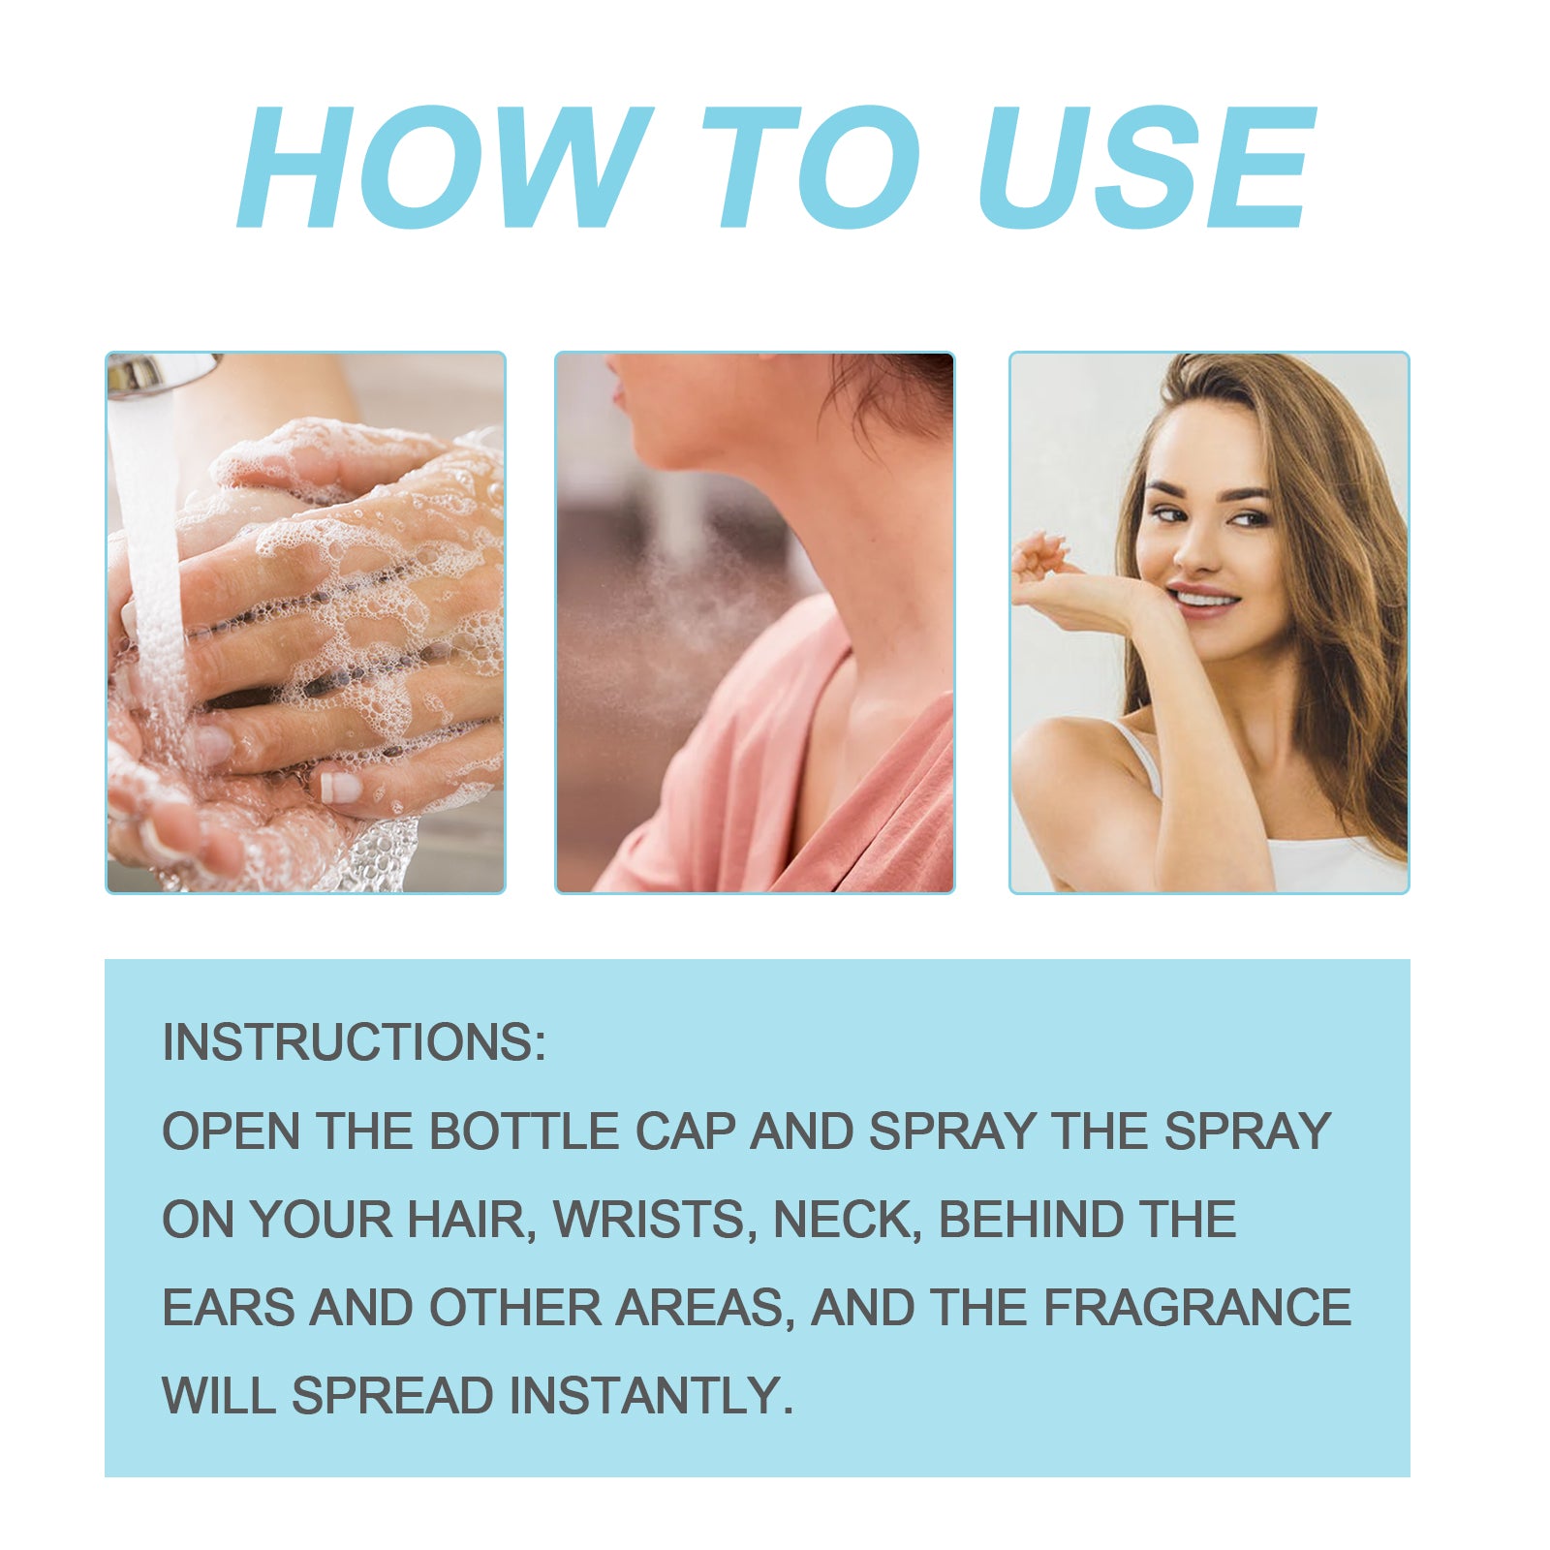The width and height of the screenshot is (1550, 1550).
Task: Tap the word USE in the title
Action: (1147, 167)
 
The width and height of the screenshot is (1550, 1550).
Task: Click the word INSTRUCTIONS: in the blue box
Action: (355, 1042)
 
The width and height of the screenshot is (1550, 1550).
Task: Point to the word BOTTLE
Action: (524, 1131)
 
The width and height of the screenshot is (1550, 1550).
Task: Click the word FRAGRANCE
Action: (1197, 1307)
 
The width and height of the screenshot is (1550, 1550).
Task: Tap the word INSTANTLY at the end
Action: (651, 1396)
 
